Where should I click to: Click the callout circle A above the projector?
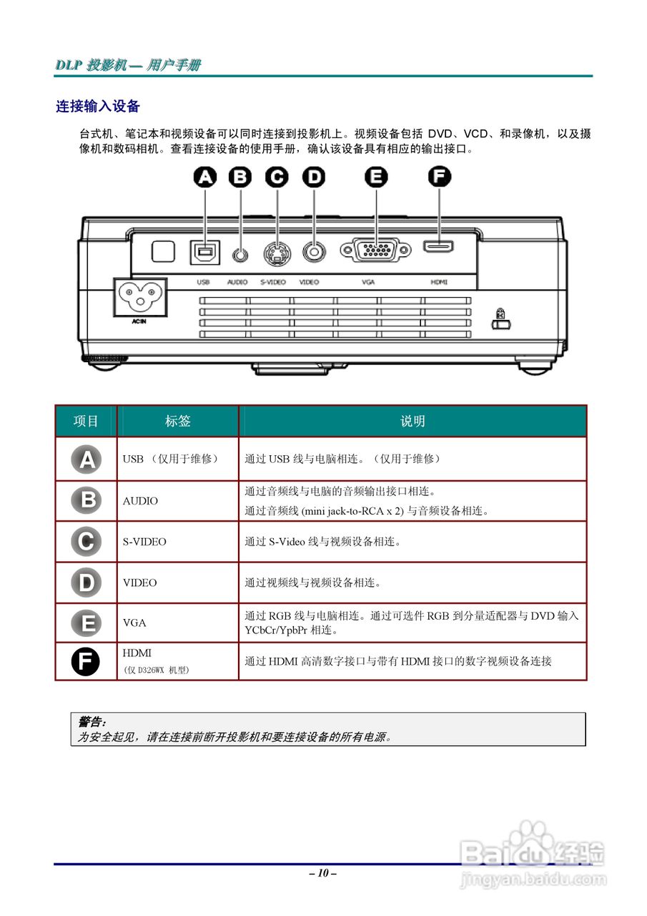(205, 177)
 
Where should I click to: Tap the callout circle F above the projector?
(439, 177)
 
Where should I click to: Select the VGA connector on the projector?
(375, 250)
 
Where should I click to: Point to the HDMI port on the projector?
(438, 248)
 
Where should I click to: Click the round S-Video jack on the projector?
(276, 252)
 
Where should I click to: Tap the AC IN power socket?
(140, 296)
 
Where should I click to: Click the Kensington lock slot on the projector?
(500, 323)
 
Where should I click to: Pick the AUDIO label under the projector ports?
(237, 282)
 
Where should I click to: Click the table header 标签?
(177, 422)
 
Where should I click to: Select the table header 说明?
(413, 422)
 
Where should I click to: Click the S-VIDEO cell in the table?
(144, 542)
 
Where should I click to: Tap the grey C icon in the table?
(86, 541)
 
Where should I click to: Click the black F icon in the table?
(86, 661)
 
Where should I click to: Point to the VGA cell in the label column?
(134, 623)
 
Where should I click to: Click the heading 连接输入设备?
(98, 107)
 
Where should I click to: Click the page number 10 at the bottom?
(322, 873)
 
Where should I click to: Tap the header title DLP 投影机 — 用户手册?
(129, 65)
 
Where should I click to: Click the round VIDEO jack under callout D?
(313, 251)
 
